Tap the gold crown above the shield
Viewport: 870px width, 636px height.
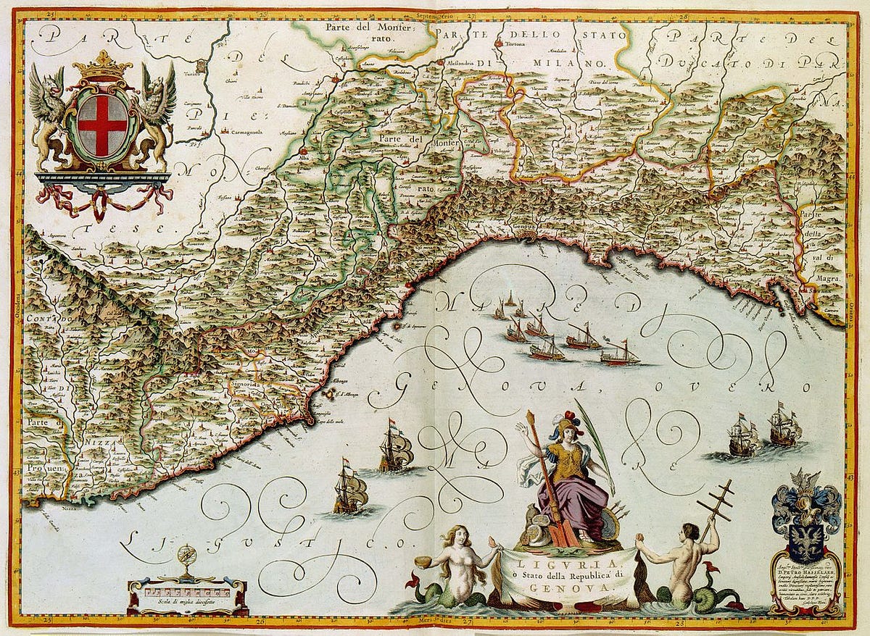[102, 67]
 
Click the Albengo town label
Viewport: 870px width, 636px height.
[333, 380]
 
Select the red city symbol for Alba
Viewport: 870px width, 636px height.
[303, 151]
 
